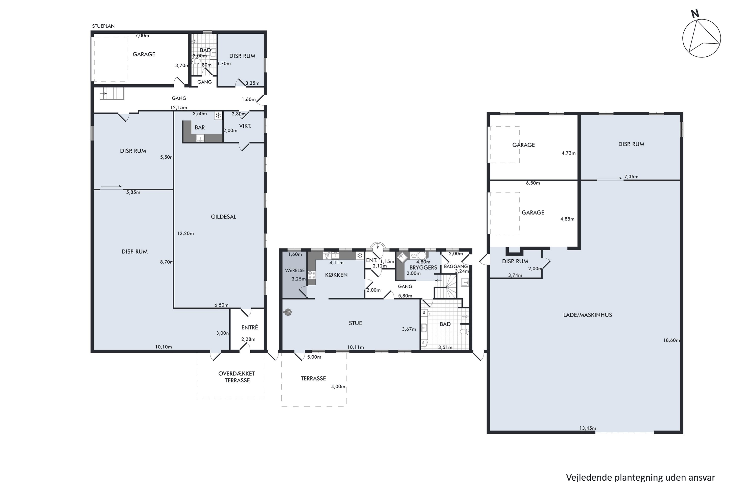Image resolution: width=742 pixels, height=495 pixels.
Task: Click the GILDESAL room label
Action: pyautogui.click(x=223, y=217)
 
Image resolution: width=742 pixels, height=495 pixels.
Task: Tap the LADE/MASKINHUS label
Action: pyautogui.click(x=587, y=315)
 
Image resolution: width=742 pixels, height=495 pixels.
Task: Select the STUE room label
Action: pyautogui.click(x=355, y=323)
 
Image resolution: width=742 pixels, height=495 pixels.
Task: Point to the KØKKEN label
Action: pyautogui.click(x=336, y=275)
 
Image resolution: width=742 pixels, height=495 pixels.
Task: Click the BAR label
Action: pyautogui.click(x=200, y=127)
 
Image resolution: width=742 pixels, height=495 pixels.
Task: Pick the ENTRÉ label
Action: pyautogui.click(x=250, y=327)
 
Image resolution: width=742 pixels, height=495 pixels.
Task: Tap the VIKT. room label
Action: pyautogui.click(x=245, y=126)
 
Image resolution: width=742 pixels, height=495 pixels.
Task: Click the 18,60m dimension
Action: pyautogui.click(x=671, y=340)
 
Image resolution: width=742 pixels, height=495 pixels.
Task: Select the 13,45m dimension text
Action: pyautogui.click(x=588, y=428)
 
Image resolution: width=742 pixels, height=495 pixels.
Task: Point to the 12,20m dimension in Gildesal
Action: pyautogui.click(x=185, y=234)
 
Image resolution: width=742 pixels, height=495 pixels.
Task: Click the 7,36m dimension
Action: pyautogui.click(x=631, y=177)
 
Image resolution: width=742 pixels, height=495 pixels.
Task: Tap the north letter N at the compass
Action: pyautogui.click(x=695, y=14)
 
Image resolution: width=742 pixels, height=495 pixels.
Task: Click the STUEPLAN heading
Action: pyautogui.click(x=103, y=26)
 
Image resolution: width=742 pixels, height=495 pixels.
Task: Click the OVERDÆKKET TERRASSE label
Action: pyautogui.click(x=237, y=377)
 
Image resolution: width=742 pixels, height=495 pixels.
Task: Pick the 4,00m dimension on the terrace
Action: pyautogui.click(x=338, y=387)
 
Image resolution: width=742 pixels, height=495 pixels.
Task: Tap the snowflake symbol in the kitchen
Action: pyautogui.click(x=360, y=256)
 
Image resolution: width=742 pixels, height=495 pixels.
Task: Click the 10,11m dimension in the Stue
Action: pyautogui.click(x=356, y=347)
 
